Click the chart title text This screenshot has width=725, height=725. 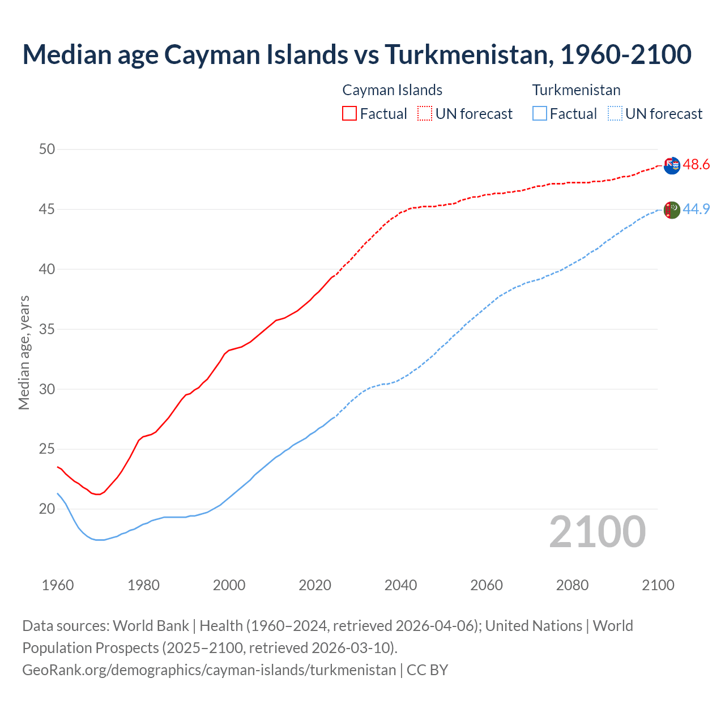tap(357, 54)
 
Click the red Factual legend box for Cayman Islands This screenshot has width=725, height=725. tap(349, 113)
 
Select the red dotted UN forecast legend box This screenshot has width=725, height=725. tap(425, 113)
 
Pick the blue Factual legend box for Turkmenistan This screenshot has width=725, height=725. tap(540, 113)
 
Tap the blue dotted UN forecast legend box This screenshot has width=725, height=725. tap(615, 113)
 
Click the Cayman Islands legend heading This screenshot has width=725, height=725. tap(392, 90)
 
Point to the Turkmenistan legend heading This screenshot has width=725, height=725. tap(576, 90)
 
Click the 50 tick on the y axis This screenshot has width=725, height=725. tap(47, 150)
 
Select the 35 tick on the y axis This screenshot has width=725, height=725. tap(47, 329)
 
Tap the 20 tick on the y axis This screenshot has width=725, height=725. tap(47, 509)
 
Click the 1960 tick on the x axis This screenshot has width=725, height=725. tap(58, 585)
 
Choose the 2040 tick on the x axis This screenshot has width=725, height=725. tap(400, 585)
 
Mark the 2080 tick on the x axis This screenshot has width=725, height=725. tap(572, 585)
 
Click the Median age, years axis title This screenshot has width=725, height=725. tap(24, 352)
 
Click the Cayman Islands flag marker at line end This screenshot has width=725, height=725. tap(671, 165)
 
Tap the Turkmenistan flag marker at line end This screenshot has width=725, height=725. tap(671, 210)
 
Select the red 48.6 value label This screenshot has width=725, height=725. tap(696, 165)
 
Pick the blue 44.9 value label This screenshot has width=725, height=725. tap(696, 209)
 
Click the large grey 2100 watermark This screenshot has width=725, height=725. tap(597, 531)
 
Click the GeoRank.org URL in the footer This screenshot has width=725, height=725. tap(209, 670)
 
